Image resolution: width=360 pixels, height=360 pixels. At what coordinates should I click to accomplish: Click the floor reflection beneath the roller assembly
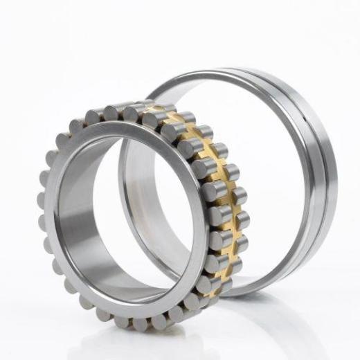pyautogui.click(x=138, y=343)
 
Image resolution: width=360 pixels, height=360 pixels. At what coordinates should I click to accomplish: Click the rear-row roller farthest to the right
pyautogui.click(x=240, y=197)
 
